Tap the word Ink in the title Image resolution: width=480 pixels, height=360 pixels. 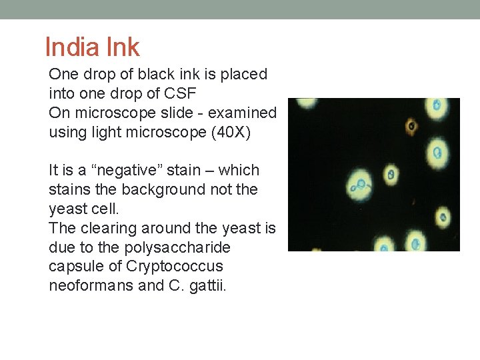pos(121,47)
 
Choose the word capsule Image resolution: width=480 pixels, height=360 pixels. pos(75,267)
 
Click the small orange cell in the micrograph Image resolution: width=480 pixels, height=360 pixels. pos(411,125)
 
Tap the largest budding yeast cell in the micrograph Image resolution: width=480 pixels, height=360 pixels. pos(361,183)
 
